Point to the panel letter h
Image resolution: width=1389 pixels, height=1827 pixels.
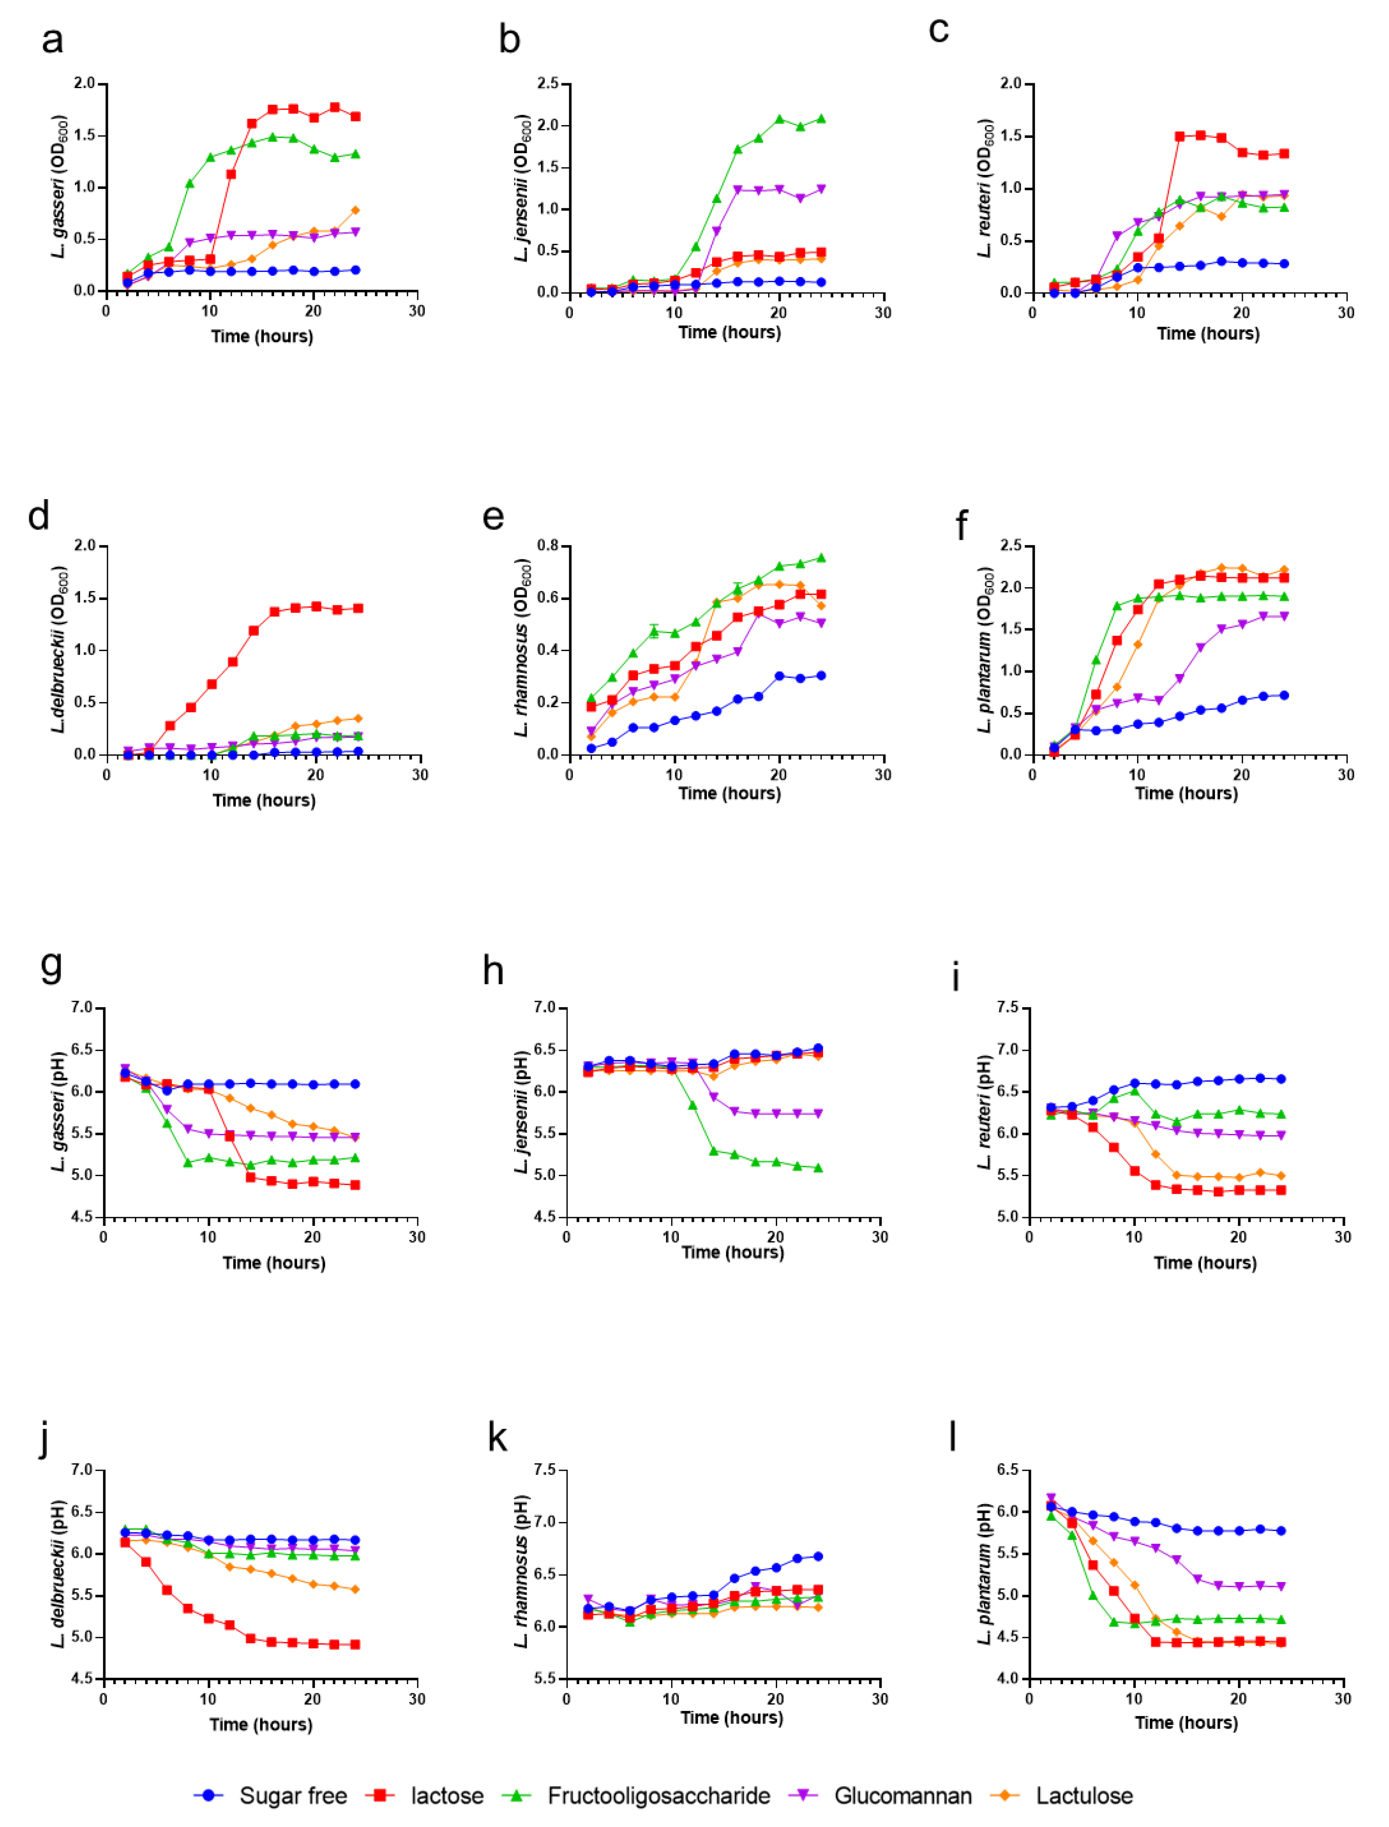[x=493, y=969]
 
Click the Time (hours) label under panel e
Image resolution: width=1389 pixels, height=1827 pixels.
[x=729, y=793]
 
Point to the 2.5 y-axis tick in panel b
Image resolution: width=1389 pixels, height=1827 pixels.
[x=547, y=84]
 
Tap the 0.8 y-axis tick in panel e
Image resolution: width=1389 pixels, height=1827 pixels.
[x=547, y=546]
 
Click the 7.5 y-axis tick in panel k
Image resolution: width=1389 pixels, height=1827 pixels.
[x=547, y=1470]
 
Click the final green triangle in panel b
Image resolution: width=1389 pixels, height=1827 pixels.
[x=821, y=118]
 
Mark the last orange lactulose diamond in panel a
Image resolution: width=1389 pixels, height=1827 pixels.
[x=356, y=210]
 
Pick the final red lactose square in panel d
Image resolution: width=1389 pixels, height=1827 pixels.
[x=358, y=608]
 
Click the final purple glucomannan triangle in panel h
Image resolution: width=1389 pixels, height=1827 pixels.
[x=819, y=1113]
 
